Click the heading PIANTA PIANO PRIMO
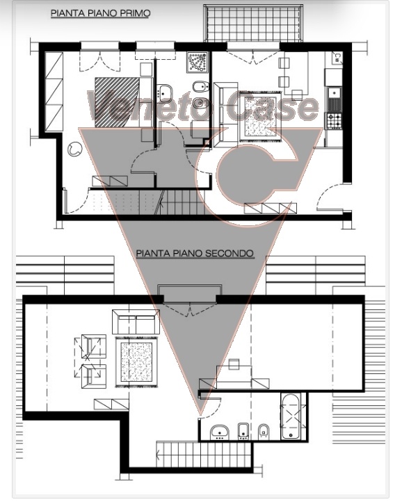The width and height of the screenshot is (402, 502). (x=100, y=13)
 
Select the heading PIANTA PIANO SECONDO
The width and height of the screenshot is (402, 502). (x=195, y=253)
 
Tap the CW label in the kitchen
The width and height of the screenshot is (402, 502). (x=337, y=58)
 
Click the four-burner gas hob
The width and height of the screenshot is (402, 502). (x=334, y=120)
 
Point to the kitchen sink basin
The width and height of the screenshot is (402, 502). (x=335, y=93)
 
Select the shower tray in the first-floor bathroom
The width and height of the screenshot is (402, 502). (x=198, y=62)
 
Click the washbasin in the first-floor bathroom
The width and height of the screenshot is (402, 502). (x=164, y=92)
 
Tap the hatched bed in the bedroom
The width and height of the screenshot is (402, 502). (x=117, y=102)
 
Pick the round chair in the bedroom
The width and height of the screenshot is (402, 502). (x=74, y=149)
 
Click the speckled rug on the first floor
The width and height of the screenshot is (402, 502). (x=260, y=118)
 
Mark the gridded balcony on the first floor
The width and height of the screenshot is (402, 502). (x=253, y=23)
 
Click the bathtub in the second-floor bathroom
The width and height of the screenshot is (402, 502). (x=290, y=416)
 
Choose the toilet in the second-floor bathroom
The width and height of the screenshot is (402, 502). (x=264, y=432)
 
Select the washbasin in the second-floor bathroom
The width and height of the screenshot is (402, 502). (x=219, y=432)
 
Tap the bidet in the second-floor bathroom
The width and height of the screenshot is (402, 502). (x=243, y=431)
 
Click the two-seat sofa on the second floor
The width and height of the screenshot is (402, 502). (x=136, y=322)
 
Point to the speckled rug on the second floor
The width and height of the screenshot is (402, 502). (x=136, y=361)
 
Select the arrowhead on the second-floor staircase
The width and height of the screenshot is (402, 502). (x=158, y=453)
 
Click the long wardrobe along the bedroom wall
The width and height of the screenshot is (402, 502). (x=54, y=91)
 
